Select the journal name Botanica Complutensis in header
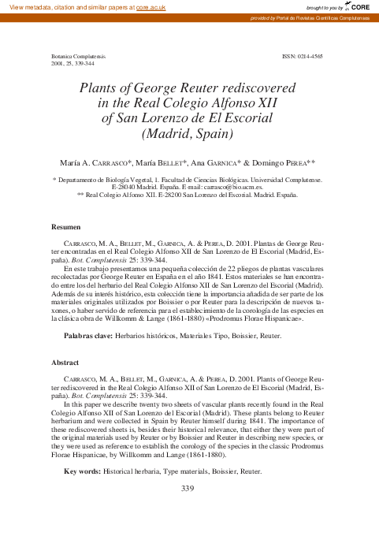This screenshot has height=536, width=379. pyautogui.click(x=79, y=58)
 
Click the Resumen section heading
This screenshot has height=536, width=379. pyautogui.click(x=66, y=227)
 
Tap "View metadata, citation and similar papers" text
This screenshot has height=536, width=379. pyautogui.click(x=67, y=6)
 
